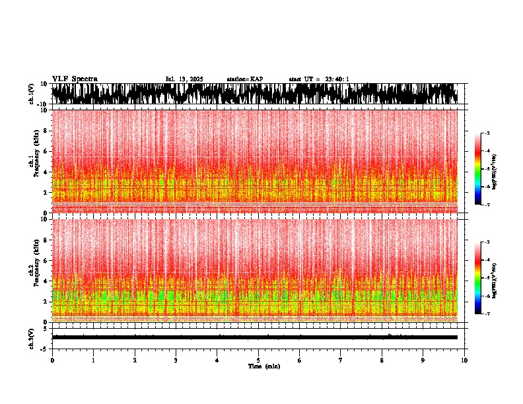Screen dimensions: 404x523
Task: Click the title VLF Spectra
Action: tap(75, 79)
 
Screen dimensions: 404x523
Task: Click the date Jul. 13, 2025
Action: tap(184, 79)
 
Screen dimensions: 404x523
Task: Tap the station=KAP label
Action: tap(244, 79)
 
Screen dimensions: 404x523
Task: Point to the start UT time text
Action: tap(319, 79)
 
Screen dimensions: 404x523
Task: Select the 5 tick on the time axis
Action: tap(258, 360)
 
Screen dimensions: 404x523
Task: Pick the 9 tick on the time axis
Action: tap(423, 360)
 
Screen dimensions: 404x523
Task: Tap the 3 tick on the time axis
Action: tap(176, 360)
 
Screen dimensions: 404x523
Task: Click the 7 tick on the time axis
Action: tap(341, 360)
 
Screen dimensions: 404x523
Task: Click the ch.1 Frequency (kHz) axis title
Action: tap(34, 162)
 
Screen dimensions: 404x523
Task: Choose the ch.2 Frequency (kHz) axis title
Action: tap(34, 270)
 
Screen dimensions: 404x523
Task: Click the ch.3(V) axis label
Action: tap(32, 337)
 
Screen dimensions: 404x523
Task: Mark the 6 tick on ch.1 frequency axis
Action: tap(46, 151)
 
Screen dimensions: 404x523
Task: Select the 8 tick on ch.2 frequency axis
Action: tap(46, 240)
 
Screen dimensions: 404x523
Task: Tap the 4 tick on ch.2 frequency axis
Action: tap(46, 281)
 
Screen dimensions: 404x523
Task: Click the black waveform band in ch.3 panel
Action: tap(254, 337)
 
